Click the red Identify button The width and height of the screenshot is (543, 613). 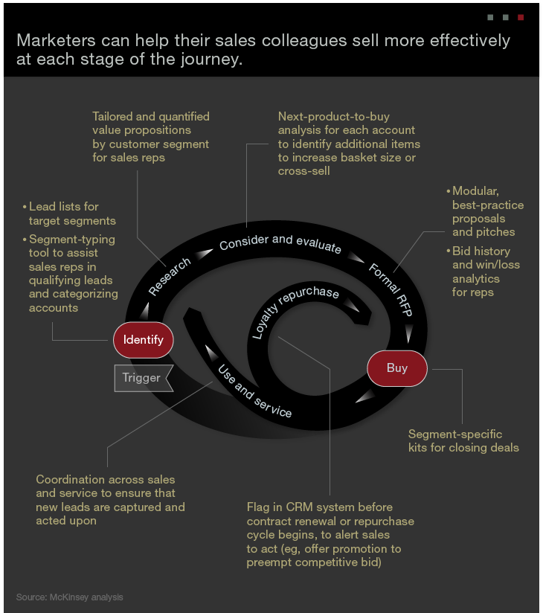click(143, 341)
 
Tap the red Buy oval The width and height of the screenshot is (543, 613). click(397, 368)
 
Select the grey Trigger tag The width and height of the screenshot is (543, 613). click(142, 378)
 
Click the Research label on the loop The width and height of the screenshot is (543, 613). click(169, 277)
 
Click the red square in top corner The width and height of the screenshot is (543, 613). click(521, 16)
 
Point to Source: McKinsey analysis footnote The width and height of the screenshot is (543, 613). click(70, 597)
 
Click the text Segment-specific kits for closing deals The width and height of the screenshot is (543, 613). click(463, 440)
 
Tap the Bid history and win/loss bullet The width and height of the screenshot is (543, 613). click(486, 272)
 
